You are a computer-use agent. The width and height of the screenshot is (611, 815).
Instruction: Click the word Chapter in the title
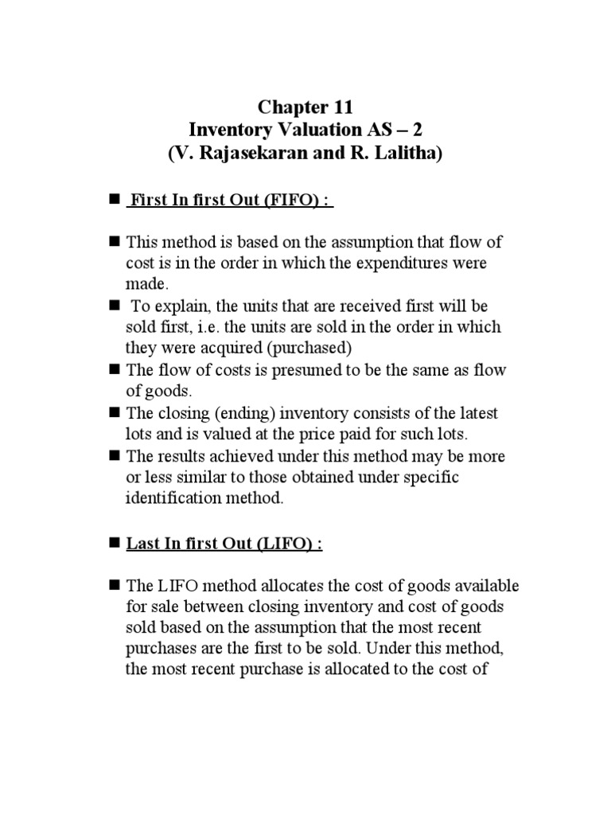291,107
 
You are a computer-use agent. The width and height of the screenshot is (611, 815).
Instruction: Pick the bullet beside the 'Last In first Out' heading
114,544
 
